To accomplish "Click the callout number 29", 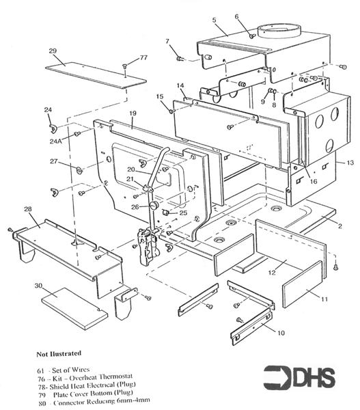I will (52, 51).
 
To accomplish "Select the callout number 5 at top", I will (214, 20).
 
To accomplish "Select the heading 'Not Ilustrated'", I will (60, 353).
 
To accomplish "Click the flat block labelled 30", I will (74, 305).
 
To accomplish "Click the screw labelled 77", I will (124, 67).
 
